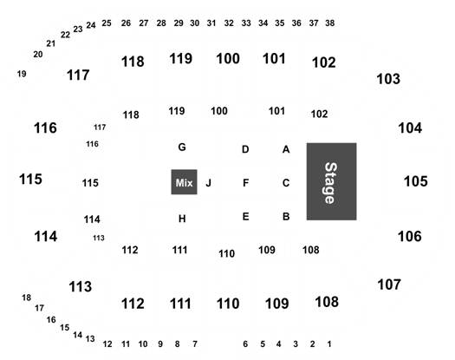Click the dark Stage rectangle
[x=331, y=181]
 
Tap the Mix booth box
[x=184, y=182]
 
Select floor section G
[x=182, y=147]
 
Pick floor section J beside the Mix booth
[x=208, y=183]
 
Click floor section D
[x=245, y=149]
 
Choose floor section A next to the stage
[x=286, y=149]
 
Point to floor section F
[x=245, y=183]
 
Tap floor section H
[x=182, y=219]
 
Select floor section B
[x=286, y=217]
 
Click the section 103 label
[x=388, y=79]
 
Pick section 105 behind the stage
[x=416, y=181]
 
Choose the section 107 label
[x=389, y=285]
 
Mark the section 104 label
[x=410, y=128]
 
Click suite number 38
[x=330, y=23]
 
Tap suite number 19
[x=22, y=74]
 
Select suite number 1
[x=329, y=344]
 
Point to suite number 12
[x=107, y=344]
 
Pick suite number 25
[x=107, y=23]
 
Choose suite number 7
[x=195, y=344]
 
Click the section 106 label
[x=409, y=237]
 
